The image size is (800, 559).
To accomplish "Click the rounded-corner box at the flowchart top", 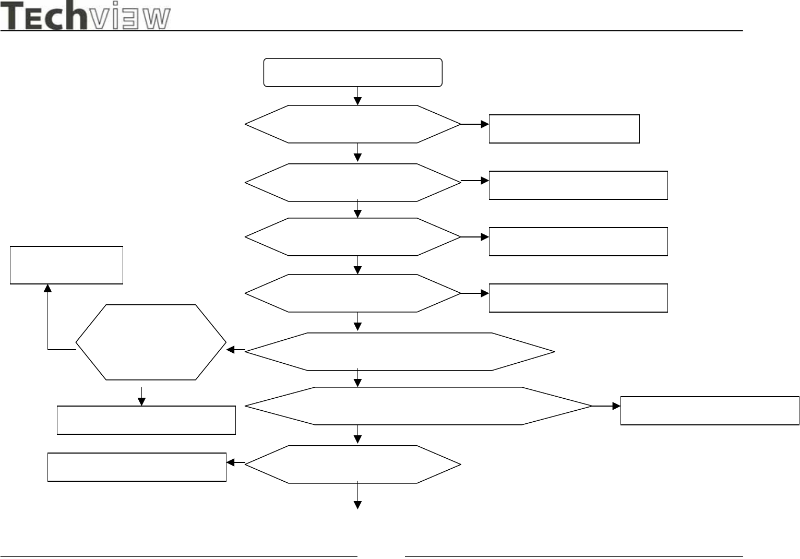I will (353, 72).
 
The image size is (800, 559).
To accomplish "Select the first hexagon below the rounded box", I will (353, 124).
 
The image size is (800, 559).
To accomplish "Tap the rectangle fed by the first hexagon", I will (564, 129).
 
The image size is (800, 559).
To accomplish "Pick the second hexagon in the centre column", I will (353, 183).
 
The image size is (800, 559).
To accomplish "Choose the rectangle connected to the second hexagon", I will (578, 185).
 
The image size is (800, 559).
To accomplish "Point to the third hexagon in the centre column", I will (353, 237).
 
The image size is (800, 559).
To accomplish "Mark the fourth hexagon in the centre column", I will (353, 293).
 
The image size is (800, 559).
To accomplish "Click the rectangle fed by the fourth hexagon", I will (578, 298).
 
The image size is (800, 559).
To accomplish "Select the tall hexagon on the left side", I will (151, 342).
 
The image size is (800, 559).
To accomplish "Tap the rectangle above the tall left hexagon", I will (67, 265).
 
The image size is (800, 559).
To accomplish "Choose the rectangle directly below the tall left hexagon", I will (146, 420).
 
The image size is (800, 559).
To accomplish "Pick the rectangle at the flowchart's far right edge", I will (710, 411).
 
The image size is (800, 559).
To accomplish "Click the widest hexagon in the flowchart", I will (419, 406).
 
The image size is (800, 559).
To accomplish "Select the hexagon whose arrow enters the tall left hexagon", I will (400, 352).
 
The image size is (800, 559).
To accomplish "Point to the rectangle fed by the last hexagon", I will (137, 467).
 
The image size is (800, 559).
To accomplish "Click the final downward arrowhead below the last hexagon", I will (358, 505).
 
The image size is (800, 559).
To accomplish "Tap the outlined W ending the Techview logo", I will (157, 19).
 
